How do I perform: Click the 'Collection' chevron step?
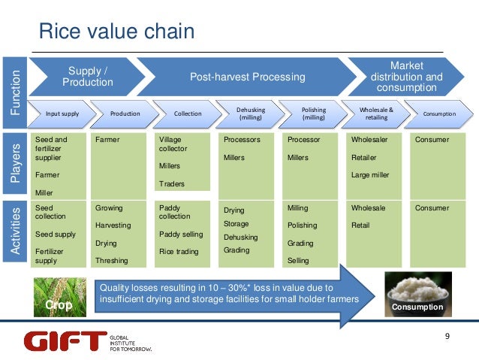pos(187,113)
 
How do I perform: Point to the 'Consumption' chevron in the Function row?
pos(439,113)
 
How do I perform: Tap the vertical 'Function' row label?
pos(15,91)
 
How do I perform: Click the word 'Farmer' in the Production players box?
pos(107,140)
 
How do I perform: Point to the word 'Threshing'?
pos(111,261)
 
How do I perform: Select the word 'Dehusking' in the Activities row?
pos(240,237)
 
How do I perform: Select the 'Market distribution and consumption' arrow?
pos(405,77)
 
